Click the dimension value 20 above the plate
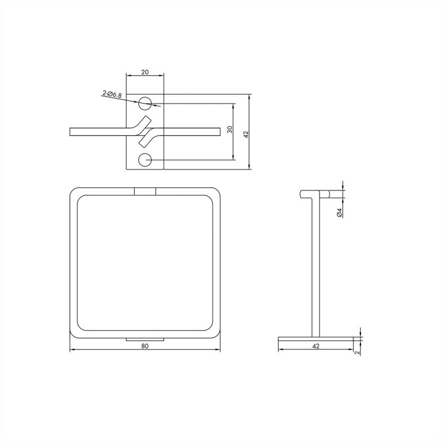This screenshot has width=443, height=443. pos(145,72)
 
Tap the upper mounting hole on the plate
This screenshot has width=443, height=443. pos(145,103)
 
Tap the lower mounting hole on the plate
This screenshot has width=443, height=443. pos(145,160)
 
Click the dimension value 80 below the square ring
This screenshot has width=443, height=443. pos(145,346)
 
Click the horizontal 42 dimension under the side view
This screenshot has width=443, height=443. pos(316,346)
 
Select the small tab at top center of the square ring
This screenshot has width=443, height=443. pos(145,191)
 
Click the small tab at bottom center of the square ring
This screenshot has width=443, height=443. pos(145,338)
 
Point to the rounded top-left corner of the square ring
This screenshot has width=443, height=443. pos(76,193)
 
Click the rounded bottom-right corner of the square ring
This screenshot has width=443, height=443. pos(215,332)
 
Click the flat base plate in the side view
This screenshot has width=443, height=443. pos(316,337)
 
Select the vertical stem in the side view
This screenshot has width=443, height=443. pos(316,266)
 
